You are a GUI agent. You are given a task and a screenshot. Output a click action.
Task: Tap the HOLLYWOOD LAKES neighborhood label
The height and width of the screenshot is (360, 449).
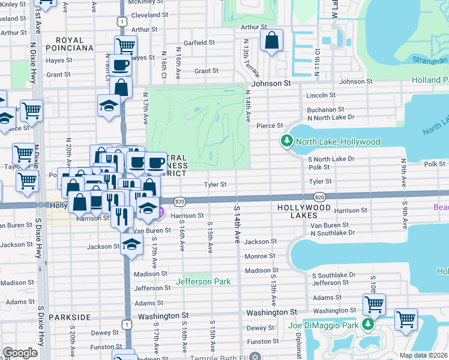(x=304, y=211)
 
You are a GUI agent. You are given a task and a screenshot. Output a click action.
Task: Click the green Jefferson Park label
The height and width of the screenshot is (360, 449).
(x=203, y=281)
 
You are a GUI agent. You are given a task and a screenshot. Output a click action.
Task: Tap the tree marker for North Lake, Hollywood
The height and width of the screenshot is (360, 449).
(x=286, y=142)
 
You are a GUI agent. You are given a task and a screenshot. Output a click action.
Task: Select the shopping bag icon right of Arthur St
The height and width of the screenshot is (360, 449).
(x=271, y=41)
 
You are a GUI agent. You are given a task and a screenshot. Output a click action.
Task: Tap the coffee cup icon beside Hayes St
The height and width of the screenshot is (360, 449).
(x=119, y=65)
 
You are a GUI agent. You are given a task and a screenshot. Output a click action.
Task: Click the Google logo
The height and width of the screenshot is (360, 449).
(x=20, y=353)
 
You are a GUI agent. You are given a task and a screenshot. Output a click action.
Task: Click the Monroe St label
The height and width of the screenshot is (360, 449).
(x=260, y=256)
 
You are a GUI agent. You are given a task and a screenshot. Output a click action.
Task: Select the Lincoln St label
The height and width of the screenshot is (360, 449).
(x=321, y=95)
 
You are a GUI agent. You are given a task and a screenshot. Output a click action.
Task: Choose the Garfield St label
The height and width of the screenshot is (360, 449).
(x=199, y=43)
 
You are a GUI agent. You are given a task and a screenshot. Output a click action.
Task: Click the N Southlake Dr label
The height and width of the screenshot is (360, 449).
(x=333, y=232)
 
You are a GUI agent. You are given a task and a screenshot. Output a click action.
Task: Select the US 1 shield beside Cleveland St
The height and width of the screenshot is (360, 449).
(x=122, y=21)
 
